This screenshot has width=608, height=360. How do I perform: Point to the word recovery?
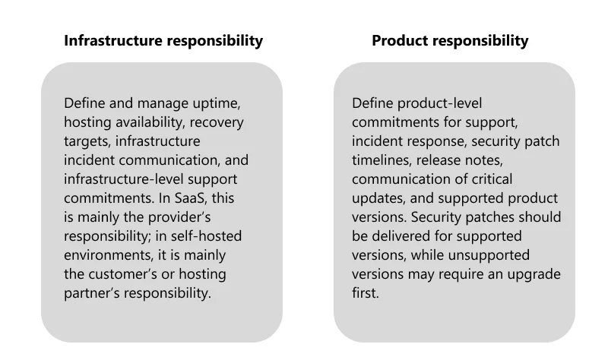(217, 122)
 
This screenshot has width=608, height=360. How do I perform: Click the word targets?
(87, 141)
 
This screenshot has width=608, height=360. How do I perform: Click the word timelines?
(382, 160)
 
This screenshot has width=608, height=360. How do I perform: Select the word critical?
(492, 179)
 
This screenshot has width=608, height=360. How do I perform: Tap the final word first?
(366, 293)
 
